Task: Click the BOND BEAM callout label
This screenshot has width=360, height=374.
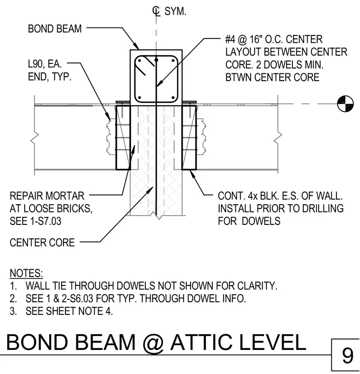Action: coord(55,29)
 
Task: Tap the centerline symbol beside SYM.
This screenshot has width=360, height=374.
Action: coord(157,11)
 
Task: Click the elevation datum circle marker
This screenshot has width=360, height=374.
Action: coord(345,103)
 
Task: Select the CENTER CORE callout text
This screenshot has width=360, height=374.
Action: coord(42,243)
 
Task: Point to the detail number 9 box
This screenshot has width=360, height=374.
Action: coord(345,355)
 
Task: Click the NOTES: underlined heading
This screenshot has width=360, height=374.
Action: coord(26,273)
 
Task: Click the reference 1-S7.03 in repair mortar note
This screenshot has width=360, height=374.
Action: coord(46,221)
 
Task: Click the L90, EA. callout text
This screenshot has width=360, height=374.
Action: coord(45,64)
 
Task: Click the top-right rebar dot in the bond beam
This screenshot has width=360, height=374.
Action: coord(173,61)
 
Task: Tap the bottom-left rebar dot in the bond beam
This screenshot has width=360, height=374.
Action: coord(139,97)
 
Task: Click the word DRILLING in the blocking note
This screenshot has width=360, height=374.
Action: coord(323,209)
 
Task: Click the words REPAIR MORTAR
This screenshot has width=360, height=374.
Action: coord(47,196)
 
